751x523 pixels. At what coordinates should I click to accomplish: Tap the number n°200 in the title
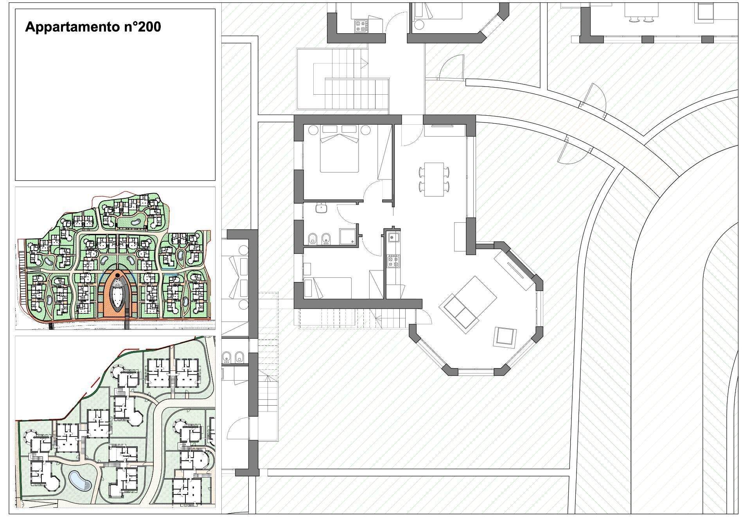[141, 27]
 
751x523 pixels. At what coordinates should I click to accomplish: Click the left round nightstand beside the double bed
[313, 130]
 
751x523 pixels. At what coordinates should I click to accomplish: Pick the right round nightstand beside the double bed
[365, 130]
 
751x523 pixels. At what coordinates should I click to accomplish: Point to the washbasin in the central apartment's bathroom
[321, 208]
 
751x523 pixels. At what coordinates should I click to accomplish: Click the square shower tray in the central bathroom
[348, 237]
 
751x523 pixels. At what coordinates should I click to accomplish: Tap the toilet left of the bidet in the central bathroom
[313, 239]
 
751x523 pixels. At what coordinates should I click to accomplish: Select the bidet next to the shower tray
[325, 239]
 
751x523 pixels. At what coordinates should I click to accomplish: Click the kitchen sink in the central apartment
[393, 237]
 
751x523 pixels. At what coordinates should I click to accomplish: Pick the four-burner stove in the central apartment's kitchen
[393, 261]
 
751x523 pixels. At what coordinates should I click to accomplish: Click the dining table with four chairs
[434, 180]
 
